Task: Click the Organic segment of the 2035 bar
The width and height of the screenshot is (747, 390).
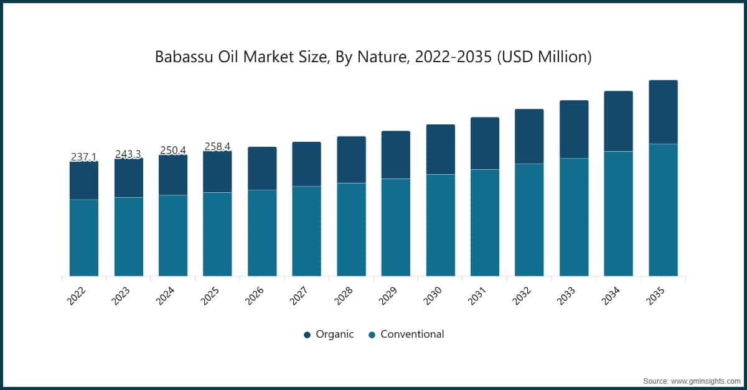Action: tap(663, 112)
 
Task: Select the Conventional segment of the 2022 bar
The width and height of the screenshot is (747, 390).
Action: tap(83, 238)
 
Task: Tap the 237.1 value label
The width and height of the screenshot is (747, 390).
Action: tap(83, 157)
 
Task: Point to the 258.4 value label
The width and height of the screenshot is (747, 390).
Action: tap(217, 147)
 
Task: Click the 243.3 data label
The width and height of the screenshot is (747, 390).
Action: tap(128, 154)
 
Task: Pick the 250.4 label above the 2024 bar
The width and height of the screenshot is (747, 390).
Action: tap(173, 151)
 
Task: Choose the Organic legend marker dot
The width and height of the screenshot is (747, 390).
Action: tap(307, 335)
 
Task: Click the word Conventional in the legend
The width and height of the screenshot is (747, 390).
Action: tap(412, 334)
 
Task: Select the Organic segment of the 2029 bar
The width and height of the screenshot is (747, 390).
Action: tap(396, 155)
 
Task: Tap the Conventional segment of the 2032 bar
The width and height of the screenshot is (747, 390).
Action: tap(529, 220)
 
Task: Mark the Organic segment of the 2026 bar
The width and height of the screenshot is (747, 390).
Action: tap(262, 169)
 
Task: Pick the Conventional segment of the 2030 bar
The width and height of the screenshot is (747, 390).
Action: tap(440, 225)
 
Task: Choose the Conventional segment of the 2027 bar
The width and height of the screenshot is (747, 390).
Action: tap(306, 231)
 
